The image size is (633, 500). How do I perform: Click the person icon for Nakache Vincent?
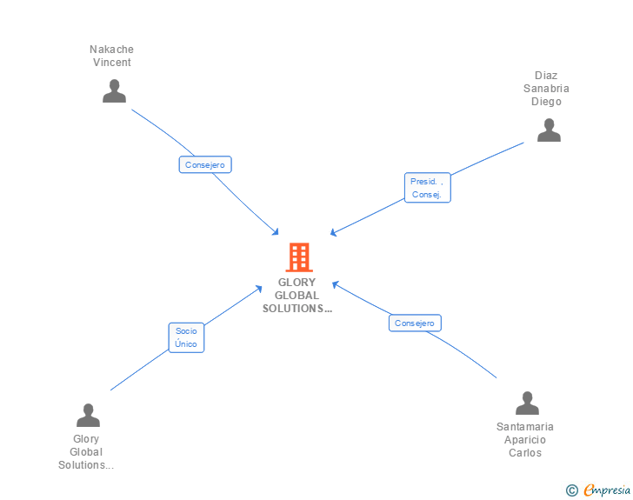coord(114,91)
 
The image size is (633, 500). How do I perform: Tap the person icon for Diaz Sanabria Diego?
coord(549,130)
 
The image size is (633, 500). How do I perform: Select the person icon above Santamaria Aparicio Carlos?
coord(527,403)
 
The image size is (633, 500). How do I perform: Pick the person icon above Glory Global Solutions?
coord(88,415)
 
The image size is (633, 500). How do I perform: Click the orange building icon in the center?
coord(299,257)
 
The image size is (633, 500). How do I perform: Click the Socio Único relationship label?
coord(186,337)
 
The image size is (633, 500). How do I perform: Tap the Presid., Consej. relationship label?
coord(427,188)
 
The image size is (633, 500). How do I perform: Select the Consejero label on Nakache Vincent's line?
coord(205,164)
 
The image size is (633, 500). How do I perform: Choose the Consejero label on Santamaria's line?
coord(415,323)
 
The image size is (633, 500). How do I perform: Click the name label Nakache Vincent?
coord(112,56)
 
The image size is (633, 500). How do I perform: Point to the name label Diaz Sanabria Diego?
coord(546,89)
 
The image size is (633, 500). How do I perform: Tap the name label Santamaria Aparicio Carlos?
coord(525,440)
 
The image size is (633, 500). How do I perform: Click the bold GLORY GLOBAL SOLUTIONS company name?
coord(298,296)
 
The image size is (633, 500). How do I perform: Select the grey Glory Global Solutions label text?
coord(86,452)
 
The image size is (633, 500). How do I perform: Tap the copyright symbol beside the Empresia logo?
coord(572,491)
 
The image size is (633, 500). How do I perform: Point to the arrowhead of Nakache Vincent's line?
coord(276,233)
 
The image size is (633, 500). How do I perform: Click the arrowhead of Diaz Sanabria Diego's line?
coord(333,233)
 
